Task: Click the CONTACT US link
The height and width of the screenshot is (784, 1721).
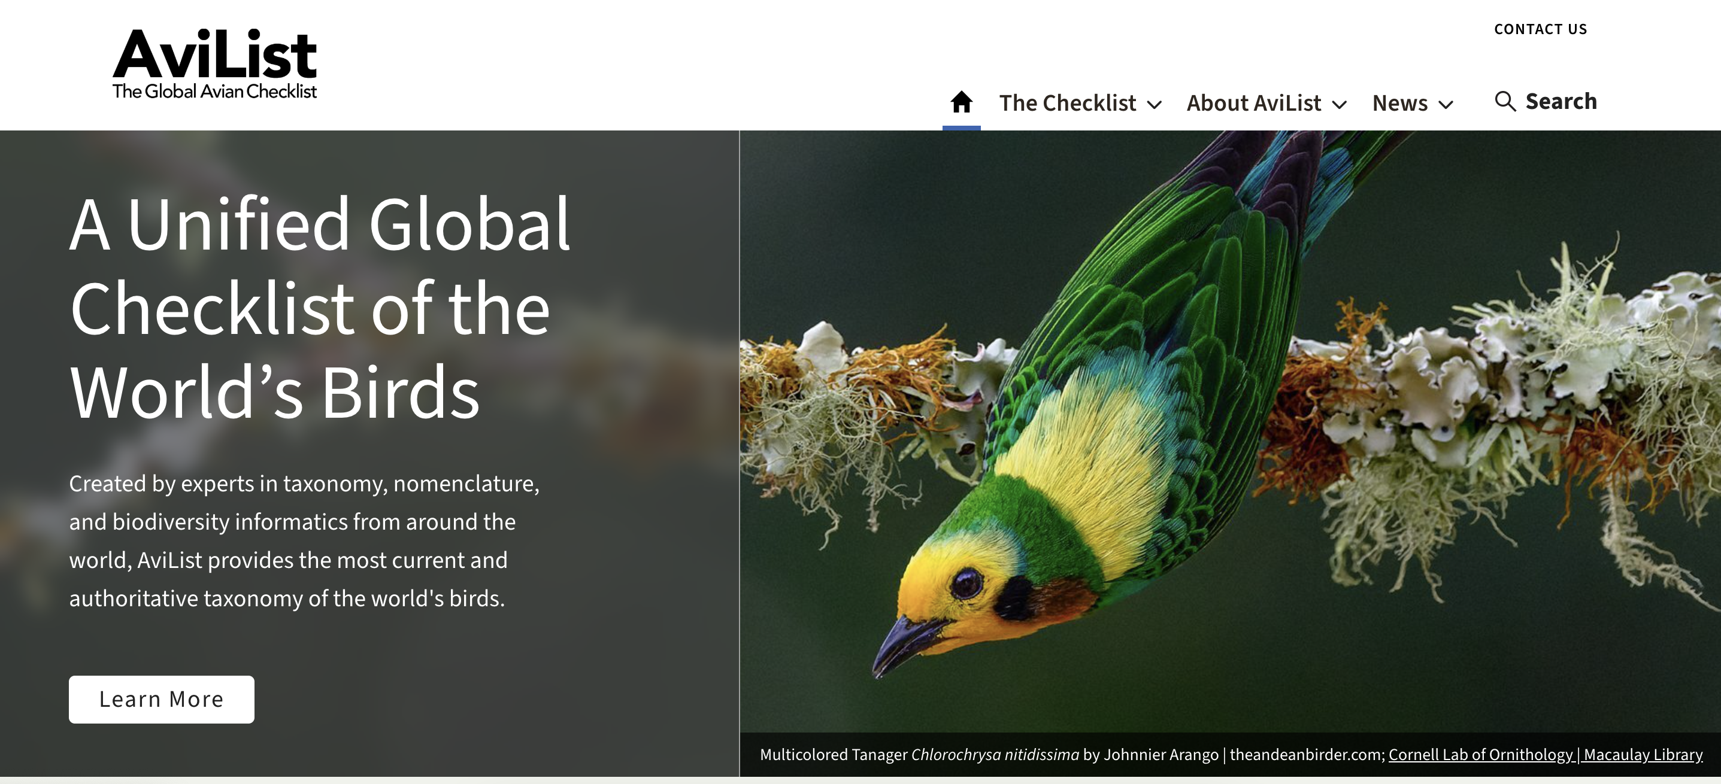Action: click(1541, 29)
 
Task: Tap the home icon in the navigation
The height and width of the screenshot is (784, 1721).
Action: click(961, 102)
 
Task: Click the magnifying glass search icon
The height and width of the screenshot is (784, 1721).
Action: click(1505, 102)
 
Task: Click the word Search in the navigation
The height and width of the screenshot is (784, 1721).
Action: click(1561, 102)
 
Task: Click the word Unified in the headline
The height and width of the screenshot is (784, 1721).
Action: click(238, 224)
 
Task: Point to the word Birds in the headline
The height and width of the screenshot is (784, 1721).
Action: click(400, 393)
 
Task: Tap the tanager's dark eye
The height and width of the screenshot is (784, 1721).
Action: click(966, 583)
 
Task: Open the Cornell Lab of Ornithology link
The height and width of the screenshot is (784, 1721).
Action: click(1481, 755)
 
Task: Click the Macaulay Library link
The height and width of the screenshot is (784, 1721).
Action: click(1643, 755)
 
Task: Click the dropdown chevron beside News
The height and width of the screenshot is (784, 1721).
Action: click(1446, 105)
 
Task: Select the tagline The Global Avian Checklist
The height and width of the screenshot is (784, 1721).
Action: click(214, 92)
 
